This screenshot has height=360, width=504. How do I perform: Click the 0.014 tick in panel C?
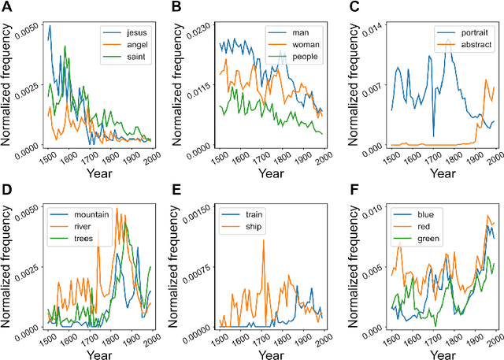(372, 26)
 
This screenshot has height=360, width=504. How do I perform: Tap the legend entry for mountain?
(72, 213)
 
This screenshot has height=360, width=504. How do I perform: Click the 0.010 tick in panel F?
(372, 208)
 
